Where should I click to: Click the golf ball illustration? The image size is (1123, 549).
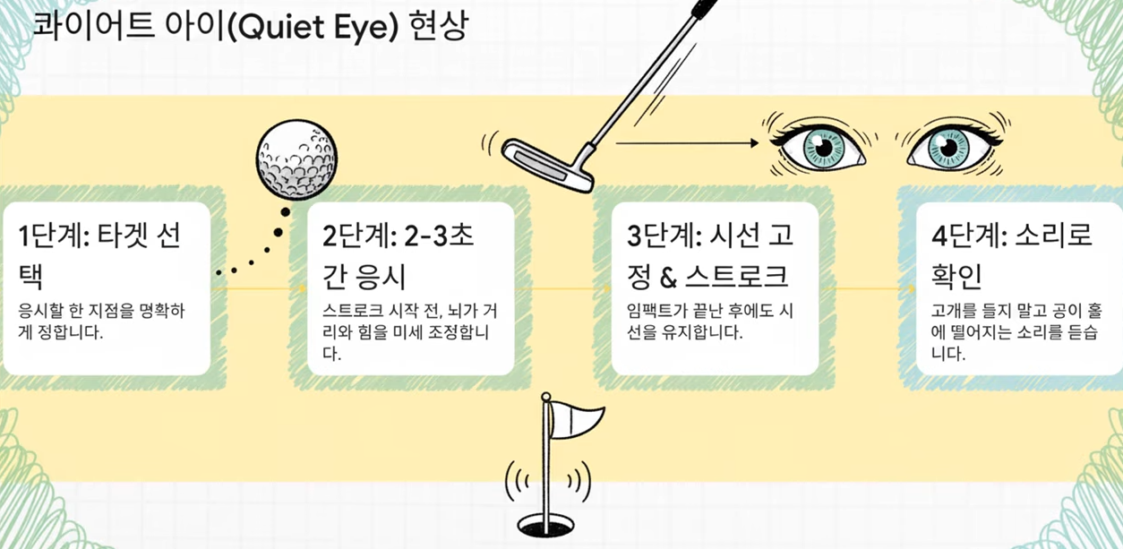[x=298, y=162]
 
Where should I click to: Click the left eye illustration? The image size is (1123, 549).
[x=819, y=146]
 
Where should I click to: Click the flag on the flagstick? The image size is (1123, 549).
[x=577, y=419]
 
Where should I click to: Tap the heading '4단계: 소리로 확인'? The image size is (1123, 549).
[x=1012, y=253]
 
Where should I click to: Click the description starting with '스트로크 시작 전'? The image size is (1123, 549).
[x=410, y=331]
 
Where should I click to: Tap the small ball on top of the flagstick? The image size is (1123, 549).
[x=545, y=395]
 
